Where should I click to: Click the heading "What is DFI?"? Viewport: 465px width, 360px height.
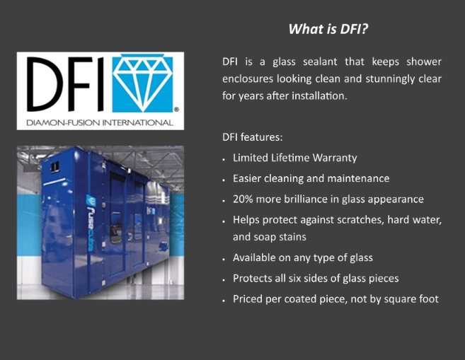(x=328, y=29)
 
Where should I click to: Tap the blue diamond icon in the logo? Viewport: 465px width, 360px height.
(x=142, y=83)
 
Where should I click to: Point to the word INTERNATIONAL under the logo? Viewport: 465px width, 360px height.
(x=137, y=122)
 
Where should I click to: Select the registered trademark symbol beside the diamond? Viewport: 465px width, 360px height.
(x=176, y=110)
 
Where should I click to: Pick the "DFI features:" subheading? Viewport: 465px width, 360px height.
(x=253, y=137)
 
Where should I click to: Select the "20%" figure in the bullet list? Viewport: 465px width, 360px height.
(x=243, y=199)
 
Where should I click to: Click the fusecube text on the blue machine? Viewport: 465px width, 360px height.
(x=90, y=223)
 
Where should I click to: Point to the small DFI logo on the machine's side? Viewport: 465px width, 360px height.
(x=151, y=211)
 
